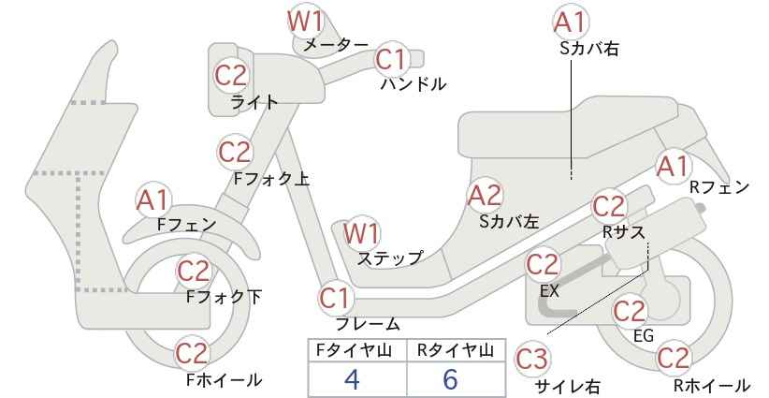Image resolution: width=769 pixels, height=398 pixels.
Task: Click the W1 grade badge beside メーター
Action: [x=306, y=22]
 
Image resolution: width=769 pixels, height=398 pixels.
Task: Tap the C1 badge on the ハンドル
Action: [x=392, y=60]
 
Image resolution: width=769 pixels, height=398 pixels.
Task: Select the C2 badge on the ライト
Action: [x=232, y=76]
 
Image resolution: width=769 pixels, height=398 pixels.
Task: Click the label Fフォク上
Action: [x=271, y=179]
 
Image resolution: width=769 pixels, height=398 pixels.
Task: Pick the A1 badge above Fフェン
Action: [x=153, y=200]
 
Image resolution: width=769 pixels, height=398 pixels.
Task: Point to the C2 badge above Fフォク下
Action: [x=194, y=272]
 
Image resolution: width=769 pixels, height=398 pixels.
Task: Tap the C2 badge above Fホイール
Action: [x=193, y=353]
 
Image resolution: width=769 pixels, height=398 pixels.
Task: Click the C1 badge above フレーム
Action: [x=337, y=299]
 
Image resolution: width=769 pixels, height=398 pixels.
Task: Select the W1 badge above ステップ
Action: [x=361, y=233]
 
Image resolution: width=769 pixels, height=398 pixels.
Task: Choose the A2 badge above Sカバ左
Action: [x=485, y=196]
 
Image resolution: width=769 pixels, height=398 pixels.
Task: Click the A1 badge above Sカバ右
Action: [x=571, y=22]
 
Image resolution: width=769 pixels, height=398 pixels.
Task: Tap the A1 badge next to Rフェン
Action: [x=674, y=167]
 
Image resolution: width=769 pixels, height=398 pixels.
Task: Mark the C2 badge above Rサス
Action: [x=610, y=207]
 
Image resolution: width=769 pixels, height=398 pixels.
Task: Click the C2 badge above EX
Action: [x=543, y=265]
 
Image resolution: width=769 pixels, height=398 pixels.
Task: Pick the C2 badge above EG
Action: [x=631, y=311]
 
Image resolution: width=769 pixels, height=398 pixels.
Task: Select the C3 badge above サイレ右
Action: [x=532, y=360]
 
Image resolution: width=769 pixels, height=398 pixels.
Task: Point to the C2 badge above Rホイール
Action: [x=673, y=358]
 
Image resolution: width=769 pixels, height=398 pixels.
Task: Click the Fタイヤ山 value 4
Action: [x=352, y=379]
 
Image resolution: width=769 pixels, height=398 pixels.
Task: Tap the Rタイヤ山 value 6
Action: [x=450, y=379]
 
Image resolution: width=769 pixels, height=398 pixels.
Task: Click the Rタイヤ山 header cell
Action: [x=456, y=350]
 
